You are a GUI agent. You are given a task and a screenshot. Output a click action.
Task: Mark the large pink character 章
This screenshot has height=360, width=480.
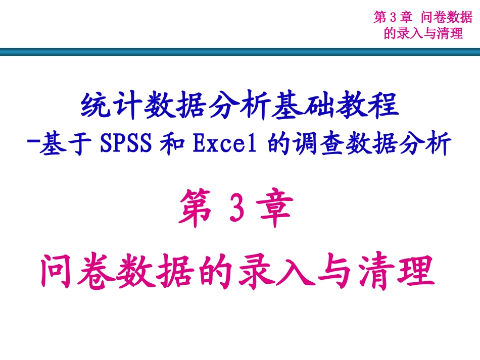coord(275,211)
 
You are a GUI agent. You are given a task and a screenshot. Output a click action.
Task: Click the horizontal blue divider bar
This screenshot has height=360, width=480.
coord(240,52)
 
